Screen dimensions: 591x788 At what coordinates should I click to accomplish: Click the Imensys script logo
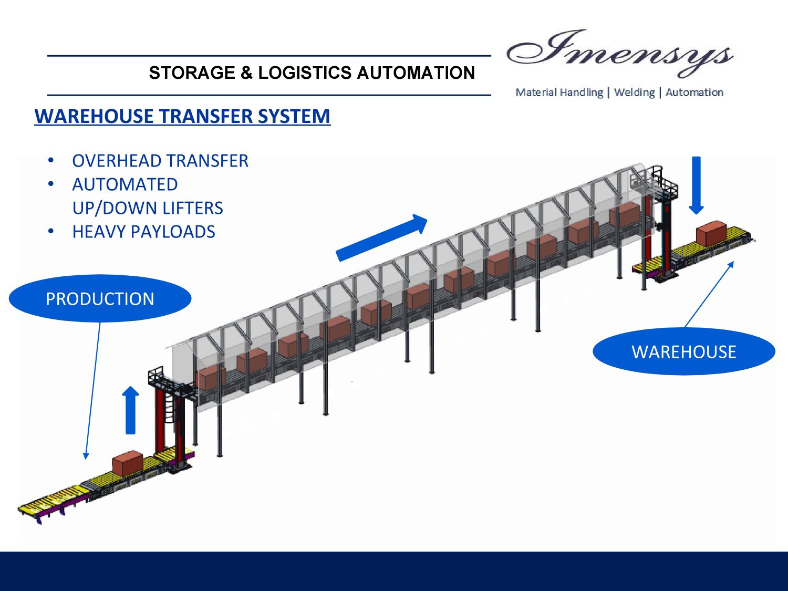620,53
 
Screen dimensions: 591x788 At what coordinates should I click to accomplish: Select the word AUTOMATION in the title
416,72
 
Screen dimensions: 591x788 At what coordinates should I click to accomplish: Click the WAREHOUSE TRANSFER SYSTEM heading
182,116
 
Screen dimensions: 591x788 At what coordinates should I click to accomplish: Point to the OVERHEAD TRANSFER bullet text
160,161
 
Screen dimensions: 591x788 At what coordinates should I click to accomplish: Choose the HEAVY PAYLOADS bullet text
143,232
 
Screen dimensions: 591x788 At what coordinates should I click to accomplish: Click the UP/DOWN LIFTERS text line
148,208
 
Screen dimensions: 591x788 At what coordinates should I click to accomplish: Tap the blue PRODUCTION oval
100,298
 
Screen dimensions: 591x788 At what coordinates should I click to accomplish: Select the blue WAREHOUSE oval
683,351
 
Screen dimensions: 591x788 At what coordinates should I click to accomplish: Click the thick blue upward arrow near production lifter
130,410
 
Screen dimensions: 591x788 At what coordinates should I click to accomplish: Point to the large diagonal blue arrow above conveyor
382,237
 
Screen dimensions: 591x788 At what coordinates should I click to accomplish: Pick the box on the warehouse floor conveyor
711,233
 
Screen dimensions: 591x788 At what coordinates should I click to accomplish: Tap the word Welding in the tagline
634,92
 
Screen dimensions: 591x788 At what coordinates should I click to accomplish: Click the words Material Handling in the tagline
559,92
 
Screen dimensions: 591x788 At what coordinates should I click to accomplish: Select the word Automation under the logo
694,92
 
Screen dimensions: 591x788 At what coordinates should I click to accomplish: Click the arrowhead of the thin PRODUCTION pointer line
86,456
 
